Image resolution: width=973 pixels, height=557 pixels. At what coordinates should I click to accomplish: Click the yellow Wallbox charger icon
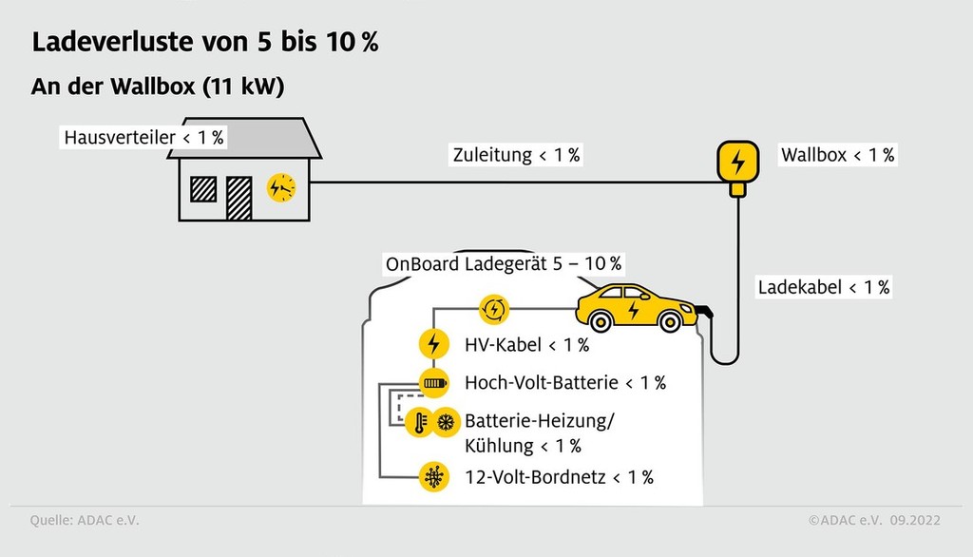pyautogui.click(x=736, y=162)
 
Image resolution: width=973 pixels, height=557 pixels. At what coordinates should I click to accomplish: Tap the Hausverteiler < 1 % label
pyautogui.click(x=143, y=138)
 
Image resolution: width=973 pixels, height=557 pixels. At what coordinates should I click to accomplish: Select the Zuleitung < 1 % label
pyautogui.click(x=516, y=155)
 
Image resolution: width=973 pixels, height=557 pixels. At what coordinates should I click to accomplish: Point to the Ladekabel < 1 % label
pyautogui.click(x=823, y=287)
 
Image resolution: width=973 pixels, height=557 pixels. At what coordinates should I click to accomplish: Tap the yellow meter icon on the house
pyautogui.click(x=281, y=188)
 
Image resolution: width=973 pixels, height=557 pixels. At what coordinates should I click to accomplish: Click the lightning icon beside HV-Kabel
pyautogui.click(x=433, y=344)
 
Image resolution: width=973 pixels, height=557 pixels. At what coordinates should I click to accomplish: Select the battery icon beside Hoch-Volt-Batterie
pyautogui.click(x=433, y=383)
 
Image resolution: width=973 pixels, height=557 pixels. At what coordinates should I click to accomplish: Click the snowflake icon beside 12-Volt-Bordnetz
pyautogui.click(x=433, y=476)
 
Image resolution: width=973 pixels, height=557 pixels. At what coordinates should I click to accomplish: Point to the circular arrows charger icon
pyautogui.click(x=495, y=308)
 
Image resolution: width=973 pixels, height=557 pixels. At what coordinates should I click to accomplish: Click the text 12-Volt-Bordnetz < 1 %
pyautogui.click(x=559, y=477)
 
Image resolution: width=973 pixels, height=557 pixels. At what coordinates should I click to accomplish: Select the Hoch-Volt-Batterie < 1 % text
pyautogui.click(x=564, y=383)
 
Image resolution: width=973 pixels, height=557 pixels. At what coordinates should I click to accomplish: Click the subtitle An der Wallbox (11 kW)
pyautogui.click(x=159, y=86)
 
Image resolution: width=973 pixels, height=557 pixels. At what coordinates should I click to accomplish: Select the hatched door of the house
pyautogui.click(x=238, y=197)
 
